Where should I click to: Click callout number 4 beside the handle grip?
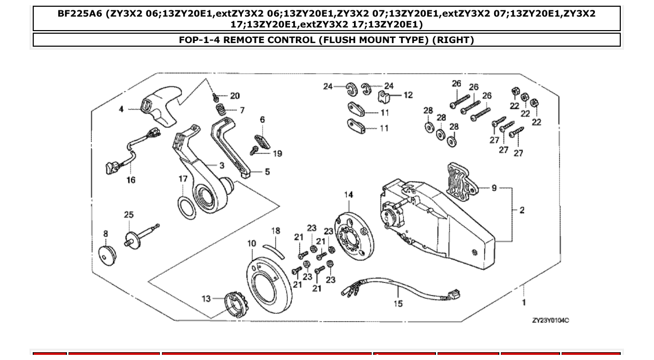[x=121, y=109]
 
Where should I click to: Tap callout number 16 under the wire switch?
[x=131, y=180]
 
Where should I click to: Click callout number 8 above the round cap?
[x=106, y=234]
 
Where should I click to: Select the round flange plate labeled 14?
[x=353, y=228]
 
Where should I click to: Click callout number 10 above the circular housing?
[x=251, y=243]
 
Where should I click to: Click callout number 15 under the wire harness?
[x=398, y=303]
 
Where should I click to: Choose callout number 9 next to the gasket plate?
[x=494, y=188]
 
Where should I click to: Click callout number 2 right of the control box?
[x=522, y=210]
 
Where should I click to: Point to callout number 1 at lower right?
[x=524, y=302]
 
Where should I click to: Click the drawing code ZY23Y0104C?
[x=550, y=321]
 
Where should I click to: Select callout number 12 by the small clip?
[x=408, y=95]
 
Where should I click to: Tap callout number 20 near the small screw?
[x=235, y=96]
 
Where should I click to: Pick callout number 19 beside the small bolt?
[x=277, y=154]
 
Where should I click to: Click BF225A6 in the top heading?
[x=79, y=14]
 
